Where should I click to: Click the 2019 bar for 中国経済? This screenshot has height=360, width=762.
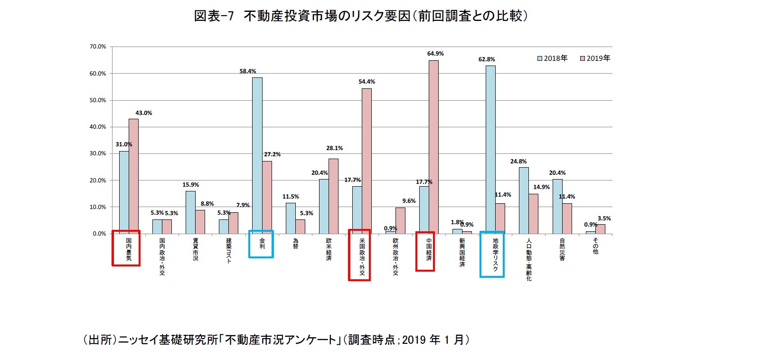(x=433, y=147)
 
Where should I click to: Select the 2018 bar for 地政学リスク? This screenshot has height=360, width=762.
(x=490, y=150)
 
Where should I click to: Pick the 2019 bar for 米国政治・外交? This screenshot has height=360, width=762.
(x=367, y=161)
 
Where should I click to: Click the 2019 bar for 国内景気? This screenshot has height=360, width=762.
(x=133, y=176)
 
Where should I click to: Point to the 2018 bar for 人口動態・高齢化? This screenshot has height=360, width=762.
(x=524, y=200)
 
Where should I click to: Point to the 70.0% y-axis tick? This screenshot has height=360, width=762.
(x=98, y=47)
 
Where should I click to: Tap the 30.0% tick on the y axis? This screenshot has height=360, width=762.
(x=98, y=153)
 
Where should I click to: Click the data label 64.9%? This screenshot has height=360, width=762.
(x=435, y=54)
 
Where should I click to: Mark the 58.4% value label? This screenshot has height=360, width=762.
(x=247, y=71)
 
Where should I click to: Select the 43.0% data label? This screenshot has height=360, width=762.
(x=144, y=113)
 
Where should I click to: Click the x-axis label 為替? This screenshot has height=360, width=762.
(x=295, y=244)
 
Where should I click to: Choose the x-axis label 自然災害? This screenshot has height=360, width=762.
(x=562, y=249)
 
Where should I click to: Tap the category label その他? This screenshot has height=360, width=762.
(x=595, y=246)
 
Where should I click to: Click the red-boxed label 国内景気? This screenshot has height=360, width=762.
(x=129, y=249)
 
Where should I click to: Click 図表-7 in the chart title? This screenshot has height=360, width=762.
(x=214, y=16)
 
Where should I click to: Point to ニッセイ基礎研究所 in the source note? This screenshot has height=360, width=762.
(x=168, y=340)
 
